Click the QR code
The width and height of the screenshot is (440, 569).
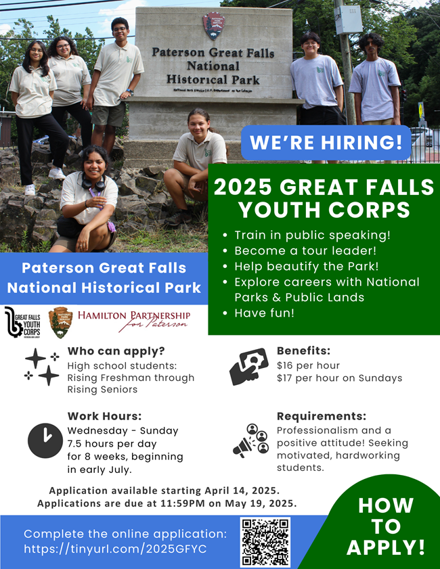[x=265, y=542]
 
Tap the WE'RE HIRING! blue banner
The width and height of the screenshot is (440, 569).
[x=326, y=143]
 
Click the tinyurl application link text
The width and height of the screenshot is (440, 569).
[x=115, y=549]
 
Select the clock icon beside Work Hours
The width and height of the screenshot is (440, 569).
[x=45, y=440]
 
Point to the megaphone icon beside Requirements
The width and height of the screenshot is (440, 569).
[x=250, y=440]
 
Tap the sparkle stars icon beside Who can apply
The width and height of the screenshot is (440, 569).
[x=42, y=366]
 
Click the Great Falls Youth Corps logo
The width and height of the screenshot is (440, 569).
[x=22, y=323]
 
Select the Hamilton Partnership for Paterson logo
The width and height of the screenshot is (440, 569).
[x=133, y=321]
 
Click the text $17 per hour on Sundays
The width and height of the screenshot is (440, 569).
[x=339, y=378]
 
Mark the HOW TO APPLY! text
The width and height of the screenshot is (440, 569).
[x=386, y=526]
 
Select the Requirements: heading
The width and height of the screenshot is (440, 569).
[x=321, y=416]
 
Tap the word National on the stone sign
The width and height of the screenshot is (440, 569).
[x=213, y=66]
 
